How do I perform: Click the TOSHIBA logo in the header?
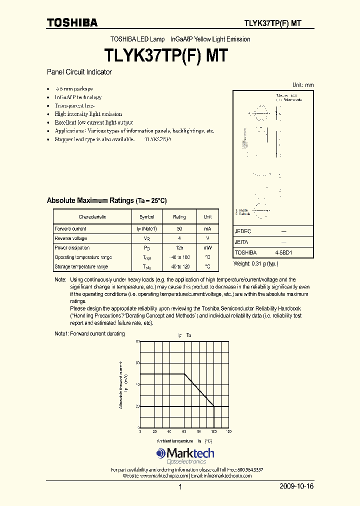pos(72,22)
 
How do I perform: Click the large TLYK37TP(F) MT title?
pos(166,55)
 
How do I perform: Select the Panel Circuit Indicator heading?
pos(79,72)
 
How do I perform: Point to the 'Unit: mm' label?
pos(303,85)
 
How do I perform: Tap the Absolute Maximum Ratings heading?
pos(106,200)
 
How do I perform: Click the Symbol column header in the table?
pos(147,217)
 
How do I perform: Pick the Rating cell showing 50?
pos(179,229)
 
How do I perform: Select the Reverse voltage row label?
pos(70,238)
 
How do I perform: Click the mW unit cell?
pos(207,248)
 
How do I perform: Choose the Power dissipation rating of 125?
pos(179,248)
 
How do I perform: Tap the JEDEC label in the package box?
pos(243,232)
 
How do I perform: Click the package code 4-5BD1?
pos(283,253)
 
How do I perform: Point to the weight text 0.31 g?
pos(255,263)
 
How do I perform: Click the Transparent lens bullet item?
pos(74,106)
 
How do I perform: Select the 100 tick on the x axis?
pos(213,431)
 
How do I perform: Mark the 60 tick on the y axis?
pos(137,362)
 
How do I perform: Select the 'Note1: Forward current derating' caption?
pos(89,333)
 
